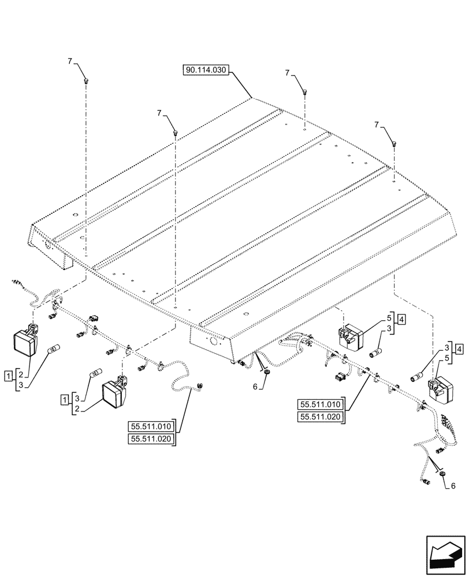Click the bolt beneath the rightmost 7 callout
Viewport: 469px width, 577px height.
(394, 143)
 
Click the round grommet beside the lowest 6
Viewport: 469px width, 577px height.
(443, 474)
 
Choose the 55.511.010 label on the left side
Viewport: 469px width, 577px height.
(151, 427)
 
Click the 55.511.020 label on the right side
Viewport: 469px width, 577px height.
(320, 417)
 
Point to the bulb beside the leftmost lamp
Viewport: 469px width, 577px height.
(56, 348)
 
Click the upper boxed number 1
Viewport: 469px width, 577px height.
(8, 376)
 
